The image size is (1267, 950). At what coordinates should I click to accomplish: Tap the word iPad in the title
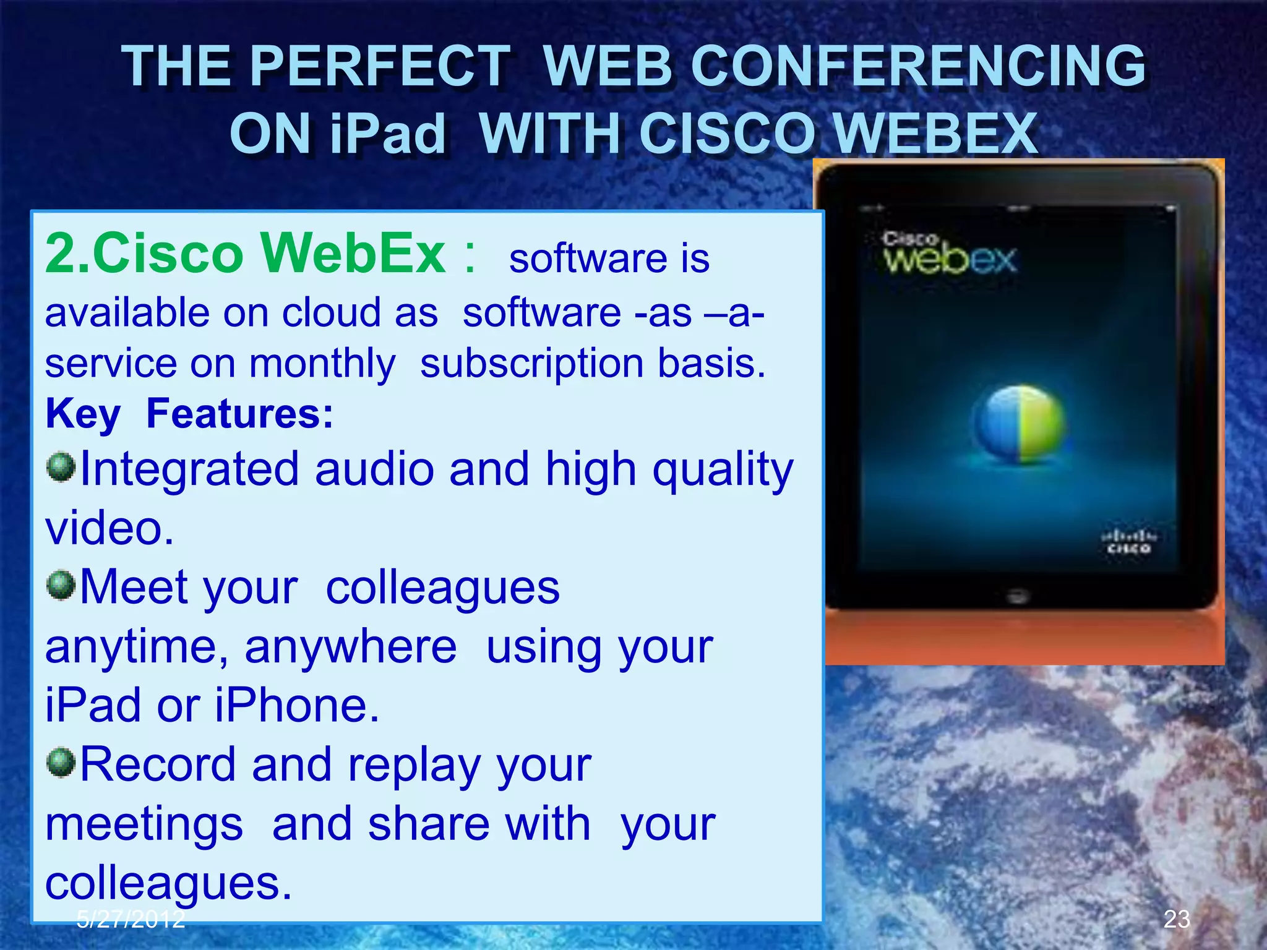387,134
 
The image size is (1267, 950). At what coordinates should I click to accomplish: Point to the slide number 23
1177,919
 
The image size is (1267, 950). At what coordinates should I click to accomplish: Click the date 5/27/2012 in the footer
131,919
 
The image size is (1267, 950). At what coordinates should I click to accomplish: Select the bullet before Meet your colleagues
61,584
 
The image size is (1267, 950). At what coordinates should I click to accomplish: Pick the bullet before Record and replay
61,762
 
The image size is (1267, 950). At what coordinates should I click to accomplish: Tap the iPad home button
1018,597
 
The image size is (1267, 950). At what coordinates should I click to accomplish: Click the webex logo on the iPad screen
950,255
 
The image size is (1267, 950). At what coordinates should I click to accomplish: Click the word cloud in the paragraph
331,312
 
